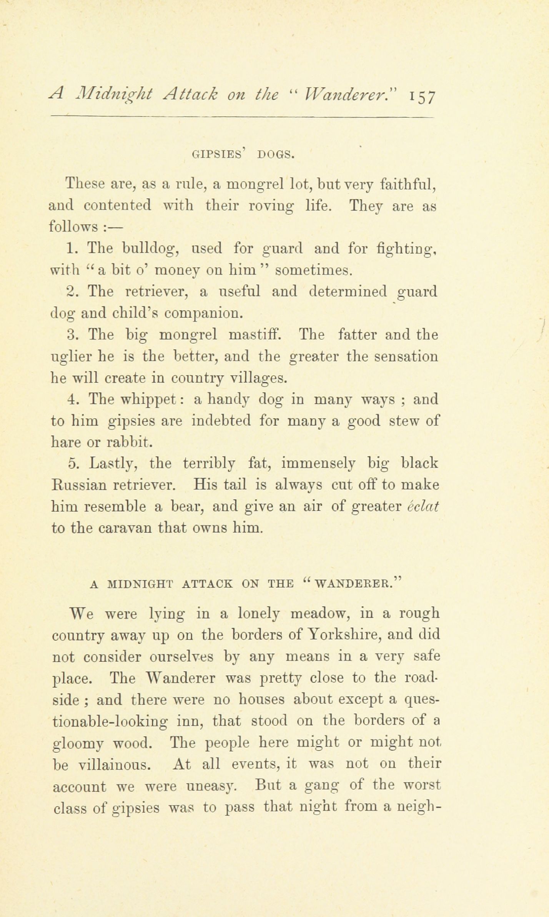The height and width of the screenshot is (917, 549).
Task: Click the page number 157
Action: [422, 96]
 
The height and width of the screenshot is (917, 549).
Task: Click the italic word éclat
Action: [423, 506]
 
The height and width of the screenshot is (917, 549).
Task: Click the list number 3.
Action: [72, 335]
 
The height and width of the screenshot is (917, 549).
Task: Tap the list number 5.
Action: [73, 463]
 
